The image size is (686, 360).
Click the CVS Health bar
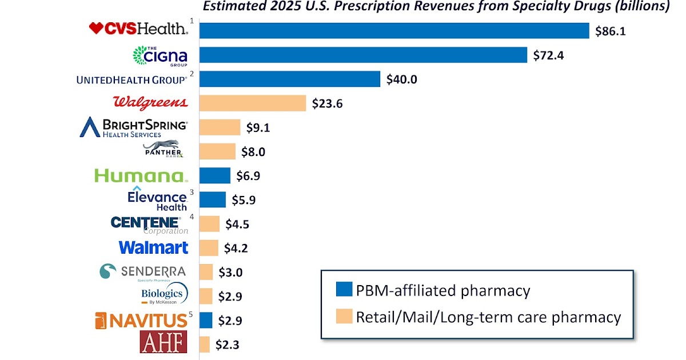[x=394, y=30]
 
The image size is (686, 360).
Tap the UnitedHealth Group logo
[x=131, y=80]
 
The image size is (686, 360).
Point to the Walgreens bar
[x=253, y=103]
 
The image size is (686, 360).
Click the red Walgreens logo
[x=150, y=103]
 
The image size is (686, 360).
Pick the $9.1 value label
[x=258, y=127]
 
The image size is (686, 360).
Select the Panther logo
[x=163, y=150]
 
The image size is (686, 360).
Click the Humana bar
[x=215, y=175]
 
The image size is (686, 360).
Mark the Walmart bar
[x=209, y=248]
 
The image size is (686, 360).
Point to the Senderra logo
[x=143, y=272]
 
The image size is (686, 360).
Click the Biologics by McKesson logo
[x=164, y=295]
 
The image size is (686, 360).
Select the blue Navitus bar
[x=206, y=320]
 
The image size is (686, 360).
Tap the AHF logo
[x=163, y=342]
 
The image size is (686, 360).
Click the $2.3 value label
[x=228, y=344]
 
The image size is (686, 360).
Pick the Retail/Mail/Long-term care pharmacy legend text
[x=488, y=317]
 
